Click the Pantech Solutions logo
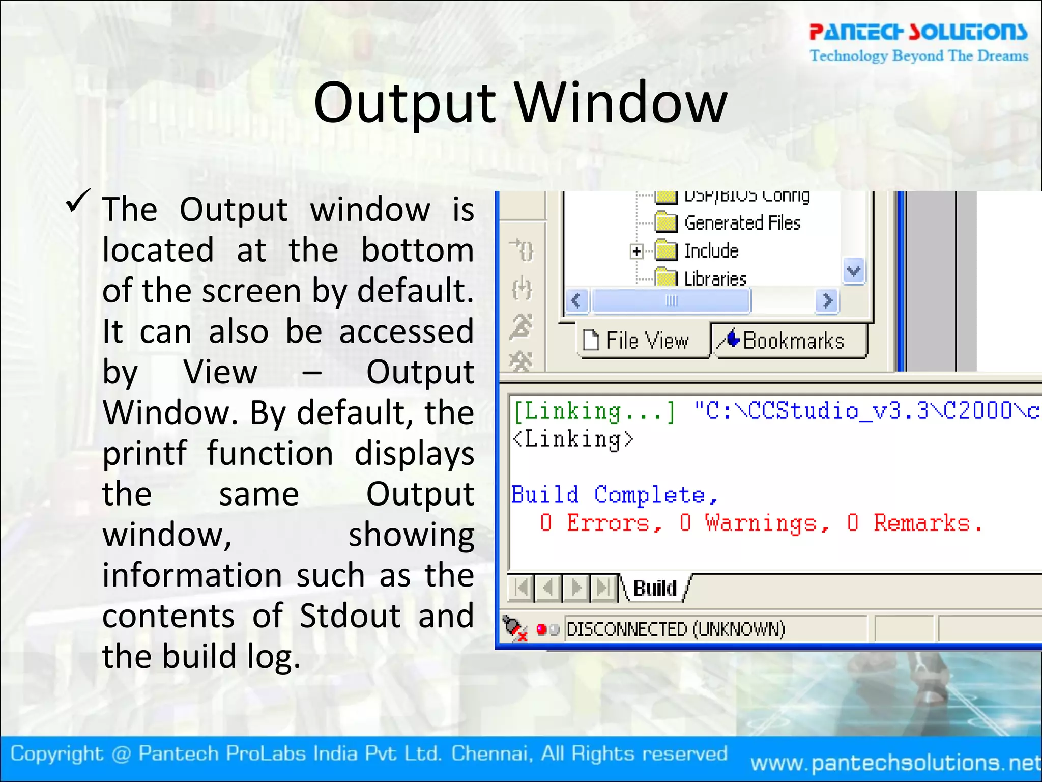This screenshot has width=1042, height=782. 918,32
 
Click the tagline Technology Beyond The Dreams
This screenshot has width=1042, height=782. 919,55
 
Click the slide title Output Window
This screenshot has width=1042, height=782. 520,103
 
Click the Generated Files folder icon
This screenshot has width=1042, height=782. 666,222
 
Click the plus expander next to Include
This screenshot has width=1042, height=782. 636,251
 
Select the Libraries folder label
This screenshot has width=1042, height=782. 715,279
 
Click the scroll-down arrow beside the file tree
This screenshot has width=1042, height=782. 853,271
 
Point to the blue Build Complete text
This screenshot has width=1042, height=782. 614,495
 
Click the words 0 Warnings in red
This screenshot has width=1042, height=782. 754,523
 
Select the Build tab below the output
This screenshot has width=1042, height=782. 655,589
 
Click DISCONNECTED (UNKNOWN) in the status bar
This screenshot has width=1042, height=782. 676,629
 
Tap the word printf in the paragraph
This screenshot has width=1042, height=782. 144,453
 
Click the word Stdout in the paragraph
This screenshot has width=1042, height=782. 350,616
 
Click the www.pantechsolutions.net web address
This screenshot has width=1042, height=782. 895,762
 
